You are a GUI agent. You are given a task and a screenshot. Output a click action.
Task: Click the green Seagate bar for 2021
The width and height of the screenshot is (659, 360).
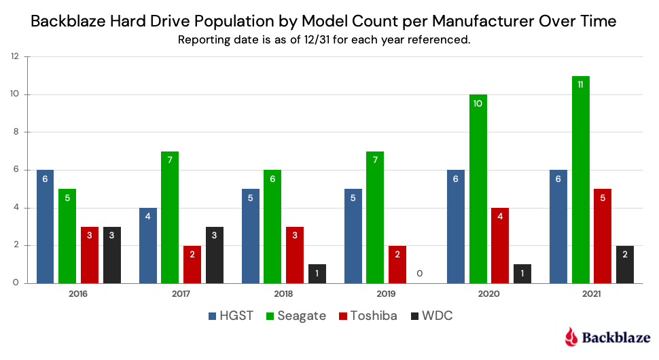tap(580, 179)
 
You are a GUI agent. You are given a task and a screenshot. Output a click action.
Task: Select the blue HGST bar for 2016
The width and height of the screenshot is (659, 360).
tap(45, 226)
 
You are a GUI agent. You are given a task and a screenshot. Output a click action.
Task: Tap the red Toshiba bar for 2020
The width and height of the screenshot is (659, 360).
tap(500, 245)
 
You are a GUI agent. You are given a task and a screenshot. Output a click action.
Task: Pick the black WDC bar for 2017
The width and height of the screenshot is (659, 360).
tap(215, 255)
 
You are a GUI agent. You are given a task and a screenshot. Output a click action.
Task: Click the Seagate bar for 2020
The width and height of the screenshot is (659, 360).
tap(478, 189)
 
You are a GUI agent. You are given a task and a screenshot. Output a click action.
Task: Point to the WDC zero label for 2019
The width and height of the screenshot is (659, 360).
tap(420, 273)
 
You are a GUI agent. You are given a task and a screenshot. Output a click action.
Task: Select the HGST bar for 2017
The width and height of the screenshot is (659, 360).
tap(147, 245)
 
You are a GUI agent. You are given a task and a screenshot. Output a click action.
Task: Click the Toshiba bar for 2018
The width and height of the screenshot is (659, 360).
tap(295, 255)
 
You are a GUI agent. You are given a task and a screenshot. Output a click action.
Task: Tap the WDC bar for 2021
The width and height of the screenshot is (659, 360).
tap(625, 264)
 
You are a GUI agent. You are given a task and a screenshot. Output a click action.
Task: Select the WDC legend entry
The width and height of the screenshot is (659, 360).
tap(432, 316)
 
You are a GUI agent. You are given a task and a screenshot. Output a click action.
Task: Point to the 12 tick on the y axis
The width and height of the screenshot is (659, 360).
tap(14, 57)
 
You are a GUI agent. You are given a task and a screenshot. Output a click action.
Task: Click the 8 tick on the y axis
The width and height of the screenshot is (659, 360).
tap(15, 132)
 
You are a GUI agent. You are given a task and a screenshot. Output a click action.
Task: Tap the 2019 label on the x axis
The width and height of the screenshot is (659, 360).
tap(387, 294)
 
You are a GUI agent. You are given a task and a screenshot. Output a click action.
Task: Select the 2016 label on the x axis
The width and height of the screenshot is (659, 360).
tap(79, 294)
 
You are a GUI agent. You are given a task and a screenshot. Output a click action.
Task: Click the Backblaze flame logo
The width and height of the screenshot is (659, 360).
tap(572, 336)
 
